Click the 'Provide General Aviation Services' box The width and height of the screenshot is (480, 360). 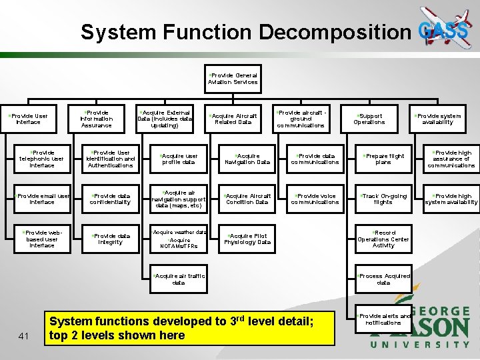pyautogui.click(x=233, y=79)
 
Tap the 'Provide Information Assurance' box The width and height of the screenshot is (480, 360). pyautogui.click(x=97, y=119)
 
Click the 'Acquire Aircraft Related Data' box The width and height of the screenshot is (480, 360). pyautogui.click(x=234, y=119)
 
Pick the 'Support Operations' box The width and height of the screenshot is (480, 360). pyautogui.click(x=369, y=119)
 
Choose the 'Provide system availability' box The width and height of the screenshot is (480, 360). pyautogui.click(x=438, y=119)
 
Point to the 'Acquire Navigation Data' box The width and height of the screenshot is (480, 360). pyautogui.click(x=247, y=159)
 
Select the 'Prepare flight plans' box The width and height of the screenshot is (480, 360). pyautogui.click(x=383, y=159)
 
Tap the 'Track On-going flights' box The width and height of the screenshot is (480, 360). pyautogui.click(x=383, y=199)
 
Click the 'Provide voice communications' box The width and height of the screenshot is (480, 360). pyautogui.click(x=315, y=199)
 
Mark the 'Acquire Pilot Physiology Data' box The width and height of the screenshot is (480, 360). pyautogui.click(x=247, y=239)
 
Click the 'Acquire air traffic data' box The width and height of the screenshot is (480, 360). pyautogui.click(x=179, y=279)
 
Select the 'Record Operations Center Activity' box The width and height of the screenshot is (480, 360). pyautogui.click(x=383, y=239)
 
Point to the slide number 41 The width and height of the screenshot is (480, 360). pyautogui.click(x=23, y=335)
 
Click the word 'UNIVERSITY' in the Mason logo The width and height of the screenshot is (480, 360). pyautogui.click(x=420, y=345)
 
